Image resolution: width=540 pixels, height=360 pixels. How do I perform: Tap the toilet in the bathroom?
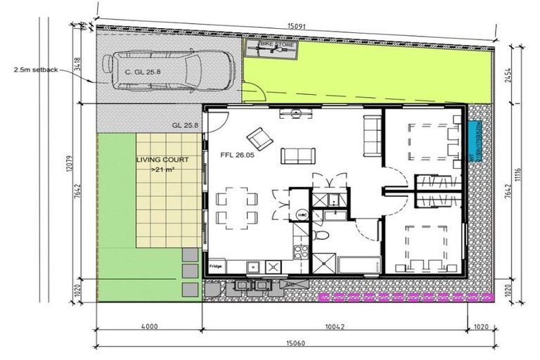click(x=321, y=234)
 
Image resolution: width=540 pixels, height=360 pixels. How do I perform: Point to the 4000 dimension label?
click(x=148, y=327)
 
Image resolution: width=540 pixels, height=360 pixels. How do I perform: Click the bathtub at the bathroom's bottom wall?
click(x=359, y=266)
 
